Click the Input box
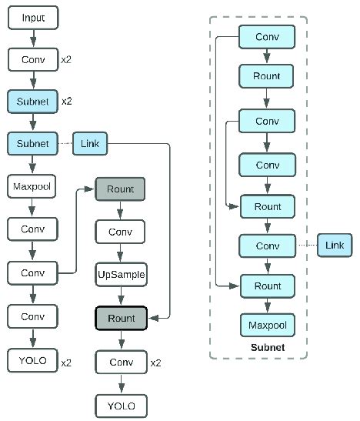pos(33,18)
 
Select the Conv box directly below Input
pos(33,59)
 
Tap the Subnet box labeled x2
pos(33,101)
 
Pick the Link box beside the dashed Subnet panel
pos(334,245)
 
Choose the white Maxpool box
pos(33,185)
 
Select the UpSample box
pos(121,273)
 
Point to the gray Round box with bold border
pos(121,318)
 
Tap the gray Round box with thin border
pos(121,189)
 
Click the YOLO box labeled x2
pos(33,359)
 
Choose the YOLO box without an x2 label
pos(121,404)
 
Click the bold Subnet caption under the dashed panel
pos(268,348)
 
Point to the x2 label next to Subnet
pos(67,102)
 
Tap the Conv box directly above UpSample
pos(121,231)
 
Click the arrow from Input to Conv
pos(33,38)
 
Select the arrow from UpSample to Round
pos(121,296)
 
